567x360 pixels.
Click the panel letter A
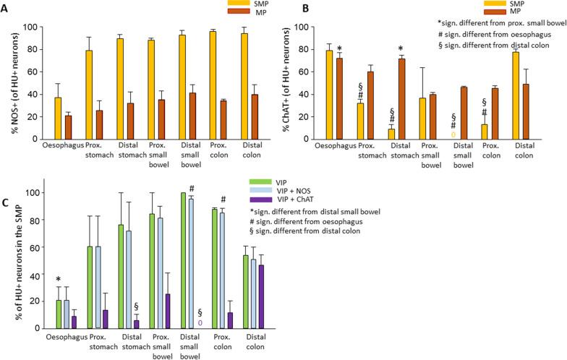point(6,9)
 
